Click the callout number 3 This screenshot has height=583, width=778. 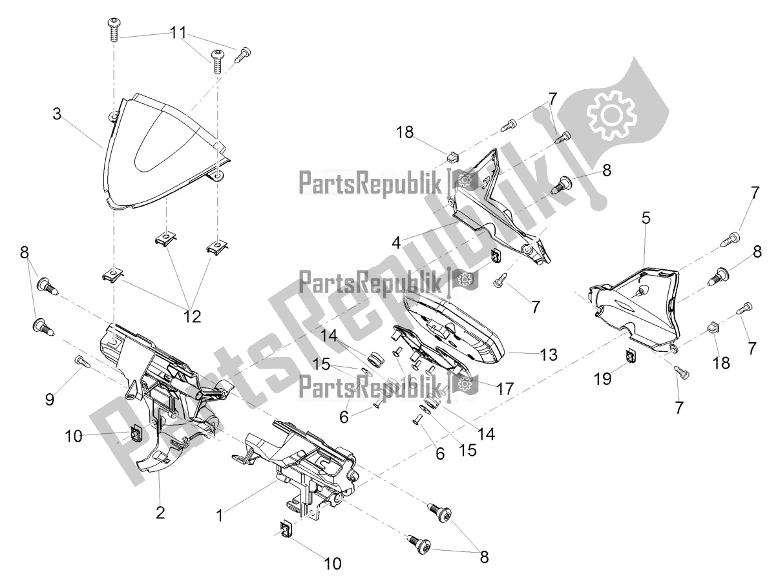click(x=58, y=114)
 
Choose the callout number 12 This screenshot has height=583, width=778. click(x=193, y=316)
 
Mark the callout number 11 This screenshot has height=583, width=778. click(x=178, y=32)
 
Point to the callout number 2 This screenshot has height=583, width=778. click(x=160, y=513)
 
